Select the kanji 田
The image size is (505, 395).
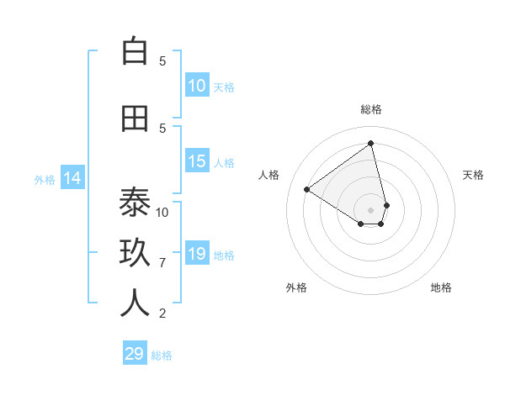(135, 118)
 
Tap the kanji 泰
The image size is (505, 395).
(135, 203)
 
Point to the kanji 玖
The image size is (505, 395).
(135, 254)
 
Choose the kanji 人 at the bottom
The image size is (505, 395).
(135, 303)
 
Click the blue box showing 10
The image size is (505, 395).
(197, 86)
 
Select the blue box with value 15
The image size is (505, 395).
(197, 162)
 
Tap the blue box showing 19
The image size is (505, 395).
(197, 255)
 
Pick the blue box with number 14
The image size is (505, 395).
(72, 178)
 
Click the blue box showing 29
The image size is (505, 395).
(135, 354)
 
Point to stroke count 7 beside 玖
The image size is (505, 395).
(162, 263)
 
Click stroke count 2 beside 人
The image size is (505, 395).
(162, 313)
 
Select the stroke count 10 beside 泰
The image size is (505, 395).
(162, 212)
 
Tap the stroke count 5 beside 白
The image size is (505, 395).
(162, 61)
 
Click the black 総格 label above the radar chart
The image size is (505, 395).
(371, 109)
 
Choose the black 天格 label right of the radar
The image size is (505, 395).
(473, 175)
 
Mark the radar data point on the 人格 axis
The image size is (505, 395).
(307, 190)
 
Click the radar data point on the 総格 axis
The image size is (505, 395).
(371, 143)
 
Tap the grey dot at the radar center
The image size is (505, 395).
(371, 209)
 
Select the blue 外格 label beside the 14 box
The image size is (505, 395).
(45, 179)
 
